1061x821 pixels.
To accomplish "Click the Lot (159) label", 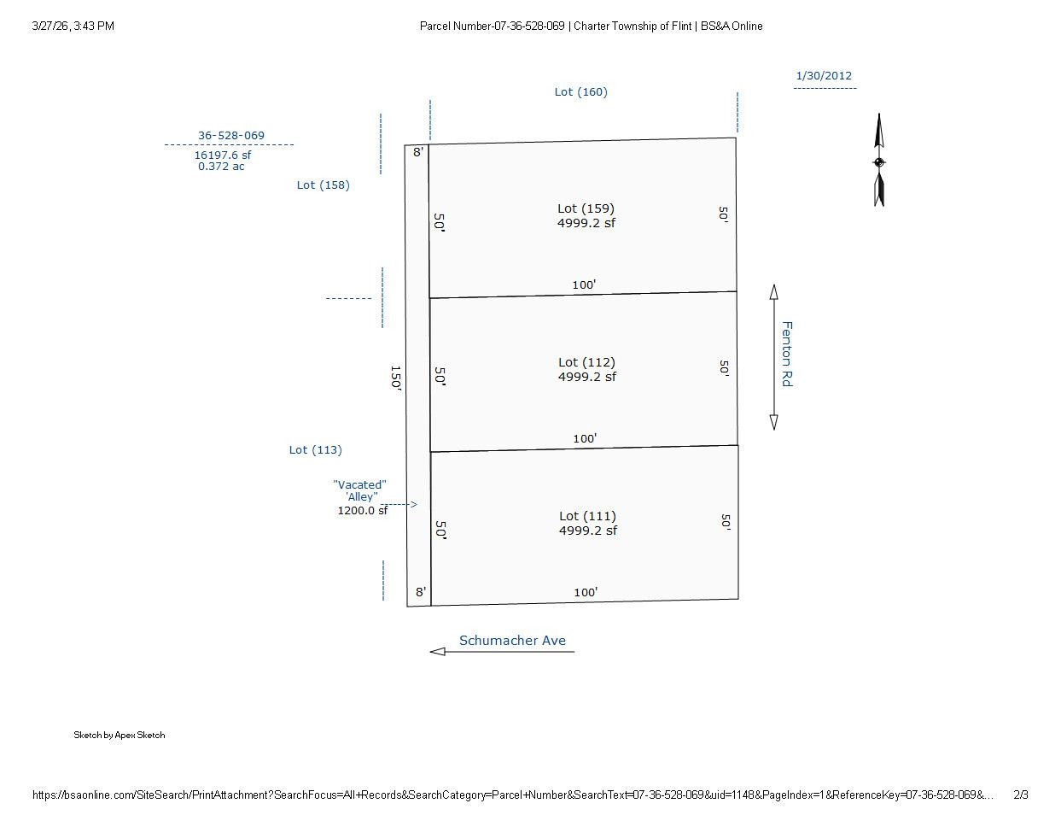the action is pos(586,208).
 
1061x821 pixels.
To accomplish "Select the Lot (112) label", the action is pos(586,362).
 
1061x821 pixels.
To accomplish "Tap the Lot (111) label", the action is pos(587,517).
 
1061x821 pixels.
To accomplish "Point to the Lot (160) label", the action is pos(580,92).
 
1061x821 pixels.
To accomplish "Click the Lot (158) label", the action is pos(324,185).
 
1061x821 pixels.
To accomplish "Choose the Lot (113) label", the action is pos(316,450).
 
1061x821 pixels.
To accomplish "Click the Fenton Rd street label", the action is pos(787,354).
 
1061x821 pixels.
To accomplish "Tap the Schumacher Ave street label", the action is pos(512,641).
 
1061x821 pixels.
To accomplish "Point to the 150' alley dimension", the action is pos(396,378).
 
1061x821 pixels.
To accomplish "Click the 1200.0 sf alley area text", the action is pos(362,511).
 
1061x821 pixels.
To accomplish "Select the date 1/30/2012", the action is pos(824,76).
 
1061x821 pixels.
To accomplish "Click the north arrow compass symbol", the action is pos(879,160).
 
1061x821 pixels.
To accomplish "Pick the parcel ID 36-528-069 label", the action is pos(231,135).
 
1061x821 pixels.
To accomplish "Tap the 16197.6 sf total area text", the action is pos(223,155).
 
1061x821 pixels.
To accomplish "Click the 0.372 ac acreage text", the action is pos(221,166).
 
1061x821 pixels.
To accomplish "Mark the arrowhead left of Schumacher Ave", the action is pos(438,652).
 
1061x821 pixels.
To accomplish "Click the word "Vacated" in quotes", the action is pos(359,484).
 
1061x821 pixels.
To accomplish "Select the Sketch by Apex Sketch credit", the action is pos(120,735).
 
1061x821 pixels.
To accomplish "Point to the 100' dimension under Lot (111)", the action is pos(586,592).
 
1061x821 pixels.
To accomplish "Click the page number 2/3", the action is pos(1021,795).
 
